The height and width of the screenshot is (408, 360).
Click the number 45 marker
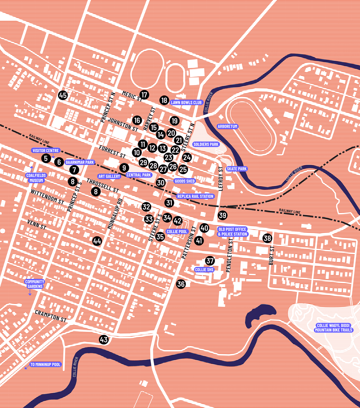pos(63,95)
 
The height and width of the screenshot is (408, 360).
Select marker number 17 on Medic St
pos(144,95)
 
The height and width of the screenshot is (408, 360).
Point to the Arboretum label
pos(228,127)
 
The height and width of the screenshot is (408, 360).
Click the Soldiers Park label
pos(206,144)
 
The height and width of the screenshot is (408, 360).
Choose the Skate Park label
pos(237,169)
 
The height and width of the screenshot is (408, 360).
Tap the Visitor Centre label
pos(46,151)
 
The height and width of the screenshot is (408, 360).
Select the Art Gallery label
pos(109,176)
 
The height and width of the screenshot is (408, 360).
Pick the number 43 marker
pos(104,339)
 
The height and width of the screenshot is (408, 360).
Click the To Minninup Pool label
pos(46,364)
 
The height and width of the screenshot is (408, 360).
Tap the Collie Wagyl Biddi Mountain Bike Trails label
pos(333,328)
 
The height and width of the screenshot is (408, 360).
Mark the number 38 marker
pos(267,238)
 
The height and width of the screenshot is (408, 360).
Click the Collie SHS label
pos(204,269)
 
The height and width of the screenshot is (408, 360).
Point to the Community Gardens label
pos(35,284)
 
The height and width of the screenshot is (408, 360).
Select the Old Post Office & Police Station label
pos(233,232)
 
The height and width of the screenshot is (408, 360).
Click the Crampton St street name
pos(51,316)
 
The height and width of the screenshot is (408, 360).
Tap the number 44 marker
pos(97,241)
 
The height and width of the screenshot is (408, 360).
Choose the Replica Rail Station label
pos(195,196)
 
